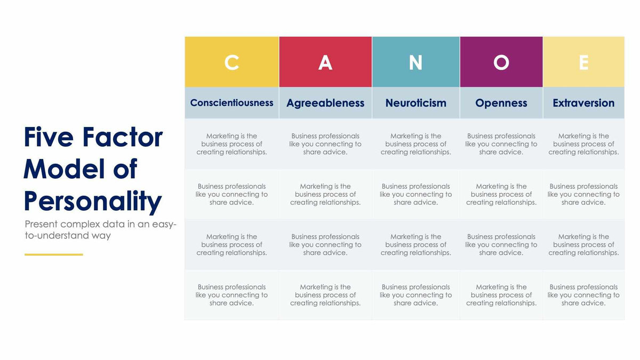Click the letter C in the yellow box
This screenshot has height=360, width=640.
tap(231, 62)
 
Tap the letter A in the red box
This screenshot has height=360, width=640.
tap(325, 62)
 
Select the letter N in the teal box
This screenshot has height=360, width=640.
tap(415, 62)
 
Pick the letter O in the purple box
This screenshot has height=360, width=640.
tap(501, 62)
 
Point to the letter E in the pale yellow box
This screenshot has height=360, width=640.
tap(583, 62)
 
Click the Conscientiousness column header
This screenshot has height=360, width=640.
tap(231, 103)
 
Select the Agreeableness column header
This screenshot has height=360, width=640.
tap(325, 103)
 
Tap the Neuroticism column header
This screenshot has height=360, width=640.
tap(415, 103)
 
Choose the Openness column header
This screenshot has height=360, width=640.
tap(501, 103)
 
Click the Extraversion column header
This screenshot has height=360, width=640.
tap(583, 103)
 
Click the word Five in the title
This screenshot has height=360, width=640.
tap(48, 137)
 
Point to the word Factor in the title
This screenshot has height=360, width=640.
tap(122, 137)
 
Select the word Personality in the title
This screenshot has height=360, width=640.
tap(92, 202)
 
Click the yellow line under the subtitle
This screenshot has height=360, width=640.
tap(53, 254)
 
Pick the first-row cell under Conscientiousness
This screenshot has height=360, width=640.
tap(231, 144)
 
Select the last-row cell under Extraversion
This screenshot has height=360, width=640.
tap(583, 295)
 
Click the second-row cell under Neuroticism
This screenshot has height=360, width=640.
tap(415, 194)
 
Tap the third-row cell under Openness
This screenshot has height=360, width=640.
tap(501, 244)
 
